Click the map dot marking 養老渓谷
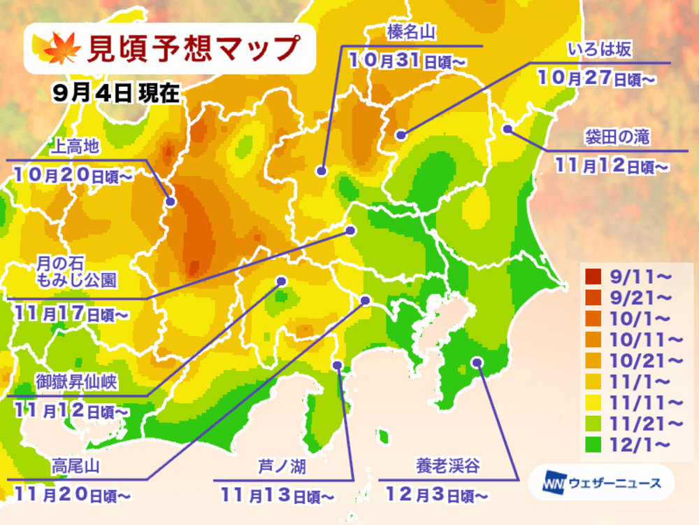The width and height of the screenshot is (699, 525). (477, 362)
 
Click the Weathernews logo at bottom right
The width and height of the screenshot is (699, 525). (600, 482)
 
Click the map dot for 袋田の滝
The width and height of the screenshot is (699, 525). (508, 129)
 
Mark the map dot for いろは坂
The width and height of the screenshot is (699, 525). (400, 135)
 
